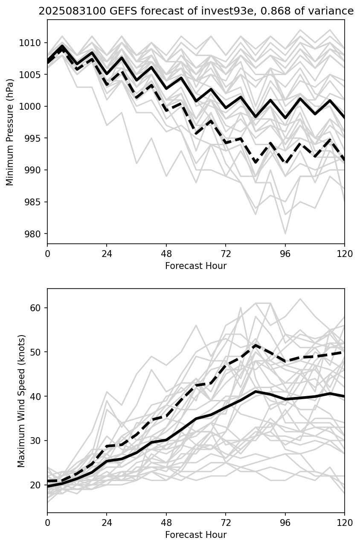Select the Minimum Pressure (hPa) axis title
coord(10,132)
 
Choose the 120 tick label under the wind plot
coord(345,523)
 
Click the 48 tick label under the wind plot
coord(166,523)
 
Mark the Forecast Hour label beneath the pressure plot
coord(196,266)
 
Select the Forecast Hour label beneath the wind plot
coord(196,535)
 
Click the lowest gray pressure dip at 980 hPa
coord(285,234)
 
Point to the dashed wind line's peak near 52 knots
coord(255,345)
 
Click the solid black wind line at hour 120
coord(344,396)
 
